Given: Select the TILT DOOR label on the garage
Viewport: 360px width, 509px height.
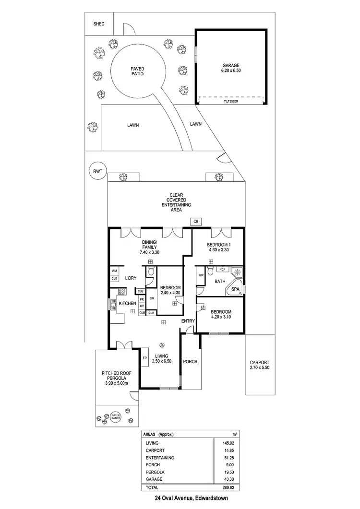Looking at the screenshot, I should coord(231,102).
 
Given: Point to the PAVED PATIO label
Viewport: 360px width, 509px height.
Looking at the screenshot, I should coord(137,71).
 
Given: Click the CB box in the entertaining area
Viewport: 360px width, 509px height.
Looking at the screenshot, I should coord(195,222).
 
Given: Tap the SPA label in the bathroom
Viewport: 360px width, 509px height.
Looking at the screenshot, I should coord(235,290).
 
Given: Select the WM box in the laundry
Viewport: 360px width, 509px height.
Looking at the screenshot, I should coord(114,271).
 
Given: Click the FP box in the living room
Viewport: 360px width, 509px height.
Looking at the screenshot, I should coord(144,358).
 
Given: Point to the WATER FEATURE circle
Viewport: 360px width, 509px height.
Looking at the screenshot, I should coord(115,417).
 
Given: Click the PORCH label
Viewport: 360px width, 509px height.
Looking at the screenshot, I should coord(191,362).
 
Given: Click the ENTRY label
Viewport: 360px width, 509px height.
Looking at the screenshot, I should coord(188,321).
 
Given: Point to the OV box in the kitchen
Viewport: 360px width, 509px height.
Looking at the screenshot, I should coord(142,306).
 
